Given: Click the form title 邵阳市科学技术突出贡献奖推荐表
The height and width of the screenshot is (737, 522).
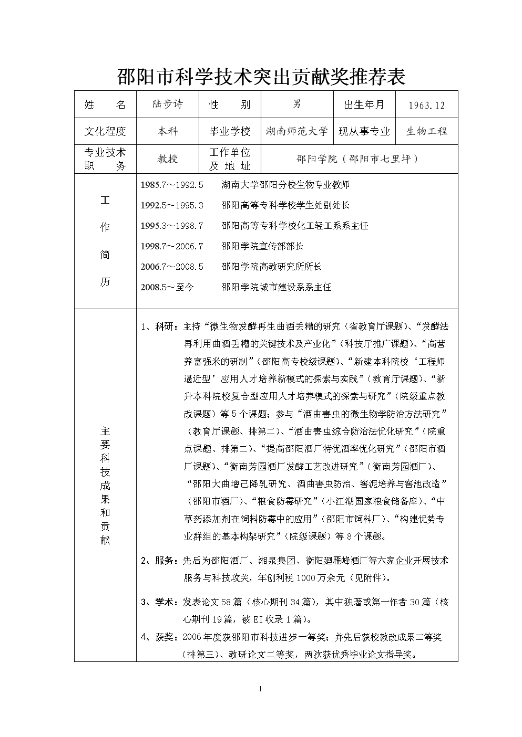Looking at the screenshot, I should pos(261,77).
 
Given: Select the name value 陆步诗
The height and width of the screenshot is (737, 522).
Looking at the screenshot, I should pos(167,104).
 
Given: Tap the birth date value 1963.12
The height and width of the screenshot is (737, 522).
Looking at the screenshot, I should pos(426,106).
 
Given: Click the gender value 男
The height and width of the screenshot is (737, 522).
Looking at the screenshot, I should pos(297,104).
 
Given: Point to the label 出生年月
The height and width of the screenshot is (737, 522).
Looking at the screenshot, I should pos(364,104).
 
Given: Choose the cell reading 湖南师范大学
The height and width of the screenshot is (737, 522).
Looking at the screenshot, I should pos(297,131).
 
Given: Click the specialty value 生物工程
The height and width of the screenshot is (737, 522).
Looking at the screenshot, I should pos(426,131).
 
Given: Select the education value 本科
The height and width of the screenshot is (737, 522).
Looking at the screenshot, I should pos(168,131).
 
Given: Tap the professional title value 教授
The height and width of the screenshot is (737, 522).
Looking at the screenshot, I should pos(168,159).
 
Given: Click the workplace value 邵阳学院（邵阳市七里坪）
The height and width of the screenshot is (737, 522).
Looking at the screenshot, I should pos(359,159).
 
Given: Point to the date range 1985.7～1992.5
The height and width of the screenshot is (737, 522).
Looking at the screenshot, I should pos(172,185).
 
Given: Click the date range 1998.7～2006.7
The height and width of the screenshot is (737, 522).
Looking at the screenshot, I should pos(172,246).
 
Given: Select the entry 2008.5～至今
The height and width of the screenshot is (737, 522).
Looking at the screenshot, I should pos(167,287).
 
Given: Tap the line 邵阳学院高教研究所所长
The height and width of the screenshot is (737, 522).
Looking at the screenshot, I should pos(271,267).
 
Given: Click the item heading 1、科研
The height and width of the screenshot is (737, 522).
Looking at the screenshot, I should pos(159,327).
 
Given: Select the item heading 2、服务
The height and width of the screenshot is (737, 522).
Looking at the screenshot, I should pos(159,561).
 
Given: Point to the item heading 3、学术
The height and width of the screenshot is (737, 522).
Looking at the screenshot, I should pos(159,602).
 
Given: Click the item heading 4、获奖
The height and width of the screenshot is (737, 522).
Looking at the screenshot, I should pos(159,637).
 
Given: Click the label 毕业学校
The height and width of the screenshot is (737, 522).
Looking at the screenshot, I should pos(230,131).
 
